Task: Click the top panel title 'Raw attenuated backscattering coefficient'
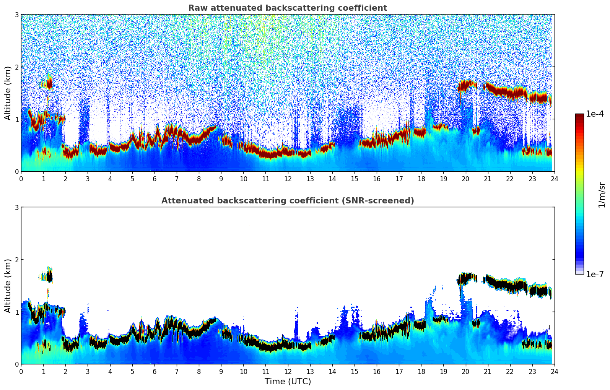pyautogui.click(x=287, y=8)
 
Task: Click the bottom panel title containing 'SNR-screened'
pyautogui.click(x=287, y=201)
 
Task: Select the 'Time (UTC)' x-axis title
pyautogui.click(x=288, y=381)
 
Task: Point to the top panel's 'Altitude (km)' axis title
pyautogui.click(x=8, y=93)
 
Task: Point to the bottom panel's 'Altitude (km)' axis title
pyautogui.click(x=8, y=286)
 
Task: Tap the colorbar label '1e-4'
pyautogui.click(x=595, y=114)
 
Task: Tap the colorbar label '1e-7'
pyautogui.click(x=595, y=274)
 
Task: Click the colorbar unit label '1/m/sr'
pyautogui.click(x=602, y=195)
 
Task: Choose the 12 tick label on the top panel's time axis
pyautogui.click(x=288, y=179)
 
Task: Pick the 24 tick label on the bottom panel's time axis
pyautogui.click(x=554, y=371)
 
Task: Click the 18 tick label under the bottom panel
pyautogui.click(x=421, y=371)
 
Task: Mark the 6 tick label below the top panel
pyautogui.click(x=155, y=179)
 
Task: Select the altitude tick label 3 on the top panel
pyautogui.click(x=17, y=15)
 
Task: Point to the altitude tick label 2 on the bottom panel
pyautogui.click(x=17, y=260)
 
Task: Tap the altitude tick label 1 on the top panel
pyautogui.click(x=17, y=119)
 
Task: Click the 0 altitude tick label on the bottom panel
pyautogui.click(x=17, y=364)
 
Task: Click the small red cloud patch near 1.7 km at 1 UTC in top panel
pyautogui.click(x=49, y=82)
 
